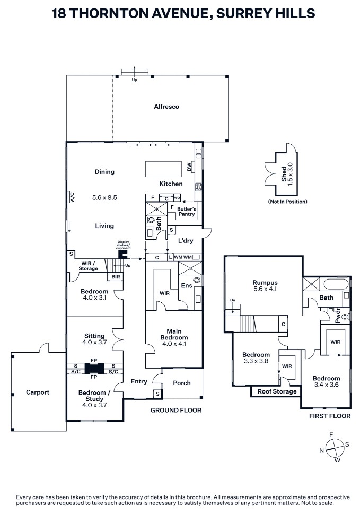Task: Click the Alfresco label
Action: pos(166,107)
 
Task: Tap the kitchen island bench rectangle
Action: pos(164,169)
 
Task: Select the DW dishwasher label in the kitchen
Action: pos(189,167)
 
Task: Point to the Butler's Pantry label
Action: pos(187,212)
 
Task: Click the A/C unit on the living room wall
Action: pos(72,197)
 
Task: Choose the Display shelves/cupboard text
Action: pos(124,245)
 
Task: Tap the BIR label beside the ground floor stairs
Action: pos(116,277)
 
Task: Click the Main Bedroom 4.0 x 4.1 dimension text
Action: pos(174,344)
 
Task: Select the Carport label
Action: pos(38,392)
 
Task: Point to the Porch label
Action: pos(182,383)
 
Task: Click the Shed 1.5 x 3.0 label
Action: pos(286,174)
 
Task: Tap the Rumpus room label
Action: pos(265,283)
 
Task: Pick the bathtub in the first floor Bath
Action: pos(336,284)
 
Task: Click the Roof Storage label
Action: pos(277,391)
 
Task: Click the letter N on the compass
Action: pos(322,451)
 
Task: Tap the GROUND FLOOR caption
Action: pos(176,410)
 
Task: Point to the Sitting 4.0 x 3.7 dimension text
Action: pos(94,342)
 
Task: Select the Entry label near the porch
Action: pos(139,382)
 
